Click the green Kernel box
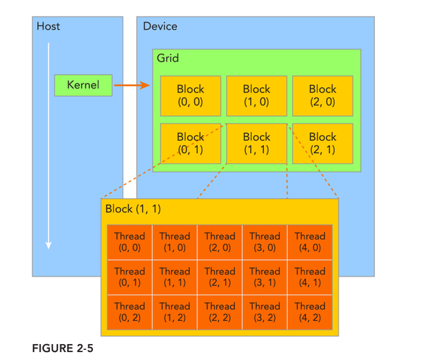[83, 85]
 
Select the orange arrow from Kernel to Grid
[131, 85]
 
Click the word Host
[48, 26]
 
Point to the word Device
[159, 26]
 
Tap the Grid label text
[167, 57]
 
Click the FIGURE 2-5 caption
[62, 348]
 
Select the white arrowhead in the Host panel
[49, 245]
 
